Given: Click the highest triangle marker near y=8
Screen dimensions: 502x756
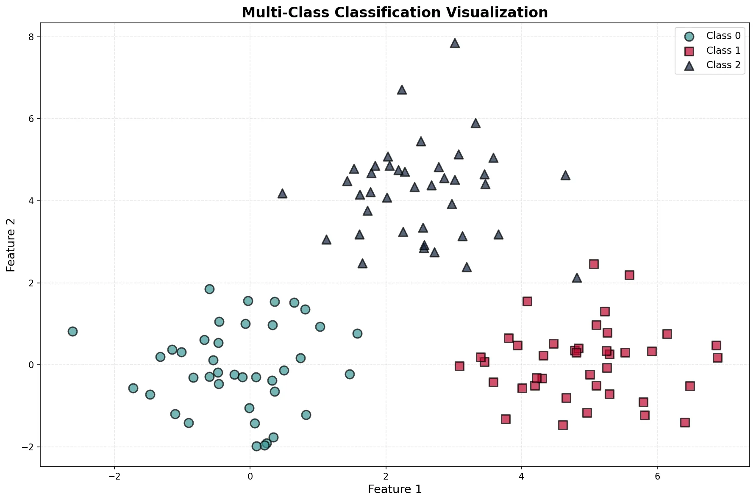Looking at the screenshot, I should point(455,43).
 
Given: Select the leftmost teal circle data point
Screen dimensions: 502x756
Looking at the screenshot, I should point(72,331).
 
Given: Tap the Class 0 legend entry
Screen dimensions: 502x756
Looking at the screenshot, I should point(723,36).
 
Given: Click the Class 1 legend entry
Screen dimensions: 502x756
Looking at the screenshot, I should point(723,50).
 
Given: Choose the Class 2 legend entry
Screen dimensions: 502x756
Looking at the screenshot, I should point(723,65).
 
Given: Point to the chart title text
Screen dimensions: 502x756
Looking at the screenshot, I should point(395,12).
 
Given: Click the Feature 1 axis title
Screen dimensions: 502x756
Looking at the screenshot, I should point(395,489).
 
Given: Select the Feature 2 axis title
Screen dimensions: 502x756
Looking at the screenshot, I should point(11,245).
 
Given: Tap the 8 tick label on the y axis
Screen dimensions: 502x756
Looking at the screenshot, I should point(31,37).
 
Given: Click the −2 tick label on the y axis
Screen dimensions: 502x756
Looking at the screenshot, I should point(29,447).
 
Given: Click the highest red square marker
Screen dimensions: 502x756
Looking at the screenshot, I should point(594,264).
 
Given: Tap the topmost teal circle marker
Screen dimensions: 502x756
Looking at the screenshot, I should point(209,289).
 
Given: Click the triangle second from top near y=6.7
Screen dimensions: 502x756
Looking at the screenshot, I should point(402,90).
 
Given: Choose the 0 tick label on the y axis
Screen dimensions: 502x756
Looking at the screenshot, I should point(31,365).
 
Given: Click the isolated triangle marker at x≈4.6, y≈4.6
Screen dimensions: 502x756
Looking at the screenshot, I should point(565,175).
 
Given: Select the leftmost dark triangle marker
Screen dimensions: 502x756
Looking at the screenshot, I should point(282,194).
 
